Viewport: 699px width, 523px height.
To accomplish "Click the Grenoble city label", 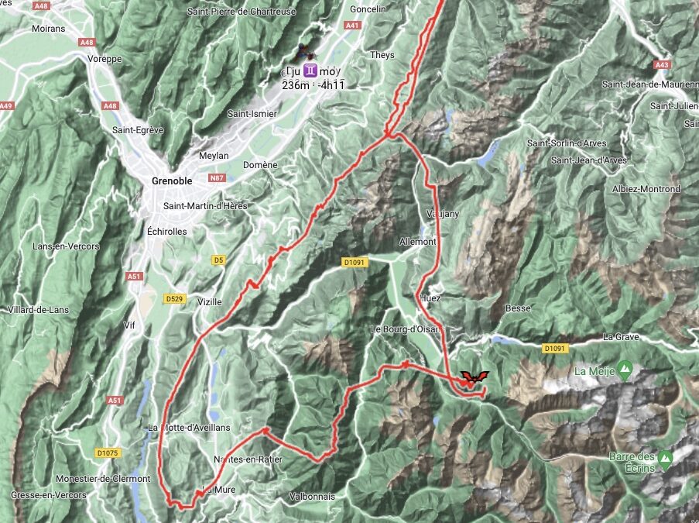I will [171, 181].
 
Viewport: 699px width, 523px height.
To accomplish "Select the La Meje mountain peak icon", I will [625, 366].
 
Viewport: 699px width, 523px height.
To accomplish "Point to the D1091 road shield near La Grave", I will [555, 349].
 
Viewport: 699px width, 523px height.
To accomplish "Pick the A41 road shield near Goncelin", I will [353, 26].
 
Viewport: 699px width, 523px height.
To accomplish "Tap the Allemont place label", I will [418, 242].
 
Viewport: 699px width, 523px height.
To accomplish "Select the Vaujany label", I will [437, 213].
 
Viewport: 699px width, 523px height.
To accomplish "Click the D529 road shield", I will [173, 298].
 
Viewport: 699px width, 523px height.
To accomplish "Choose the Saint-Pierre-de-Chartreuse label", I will [241, 12].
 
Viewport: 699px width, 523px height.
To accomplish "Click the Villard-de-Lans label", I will [37, 310].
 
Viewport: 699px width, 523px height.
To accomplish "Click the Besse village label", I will [518, 308].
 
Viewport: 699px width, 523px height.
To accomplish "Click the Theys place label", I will [382, 56].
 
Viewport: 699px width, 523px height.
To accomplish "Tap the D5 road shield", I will [219, 260].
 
